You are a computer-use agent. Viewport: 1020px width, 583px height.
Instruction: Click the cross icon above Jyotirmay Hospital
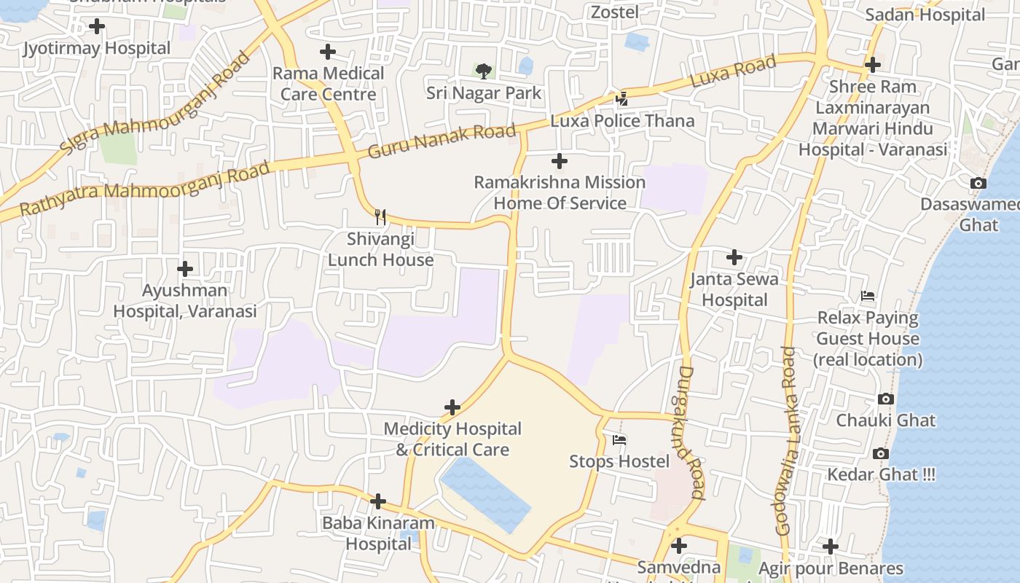tap(96, 27)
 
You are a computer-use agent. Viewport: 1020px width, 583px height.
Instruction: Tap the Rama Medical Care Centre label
tap(328, 83)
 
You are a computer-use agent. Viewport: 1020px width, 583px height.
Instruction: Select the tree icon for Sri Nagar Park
tap(483, 71)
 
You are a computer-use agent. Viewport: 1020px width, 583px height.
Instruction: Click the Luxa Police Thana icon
tap(621, 98)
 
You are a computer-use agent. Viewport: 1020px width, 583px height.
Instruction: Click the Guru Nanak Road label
tap(442, 141)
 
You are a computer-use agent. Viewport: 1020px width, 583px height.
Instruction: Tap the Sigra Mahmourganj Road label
tap(154, 103)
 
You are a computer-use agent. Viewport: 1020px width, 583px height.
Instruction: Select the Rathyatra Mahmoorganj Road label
tap(144, 188)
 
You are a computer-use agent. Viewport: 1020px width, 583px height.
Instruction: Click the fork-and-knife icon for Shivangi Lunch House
tap(380, 216)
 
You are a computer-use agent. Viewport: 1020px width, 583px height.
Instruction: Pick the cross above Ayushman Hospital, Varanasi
tap(185, 269)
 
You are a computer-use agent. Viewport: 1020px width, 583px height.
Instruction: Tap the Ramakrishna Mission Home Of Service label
tap(560, 192)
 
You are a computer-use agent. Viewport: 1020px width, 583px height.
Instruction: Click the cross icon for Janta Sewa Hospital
tap(734, 257)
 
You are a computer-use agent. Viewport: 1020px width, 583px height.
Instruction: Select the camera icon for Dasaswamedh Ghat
tap(978, 183)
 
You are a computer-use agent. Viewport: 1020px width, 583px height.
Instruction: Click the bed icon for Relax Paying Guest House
tap(867, 296)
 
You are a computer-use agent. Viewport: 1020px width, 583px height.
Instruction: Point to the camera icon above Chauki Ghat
tap(886, 399)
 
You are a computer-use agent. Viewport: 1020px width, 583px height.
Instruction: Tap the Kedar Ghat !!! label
tap(881, 474)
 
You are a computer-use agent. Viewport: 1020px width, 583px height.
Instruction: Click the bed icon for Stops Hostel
tap(619, 439)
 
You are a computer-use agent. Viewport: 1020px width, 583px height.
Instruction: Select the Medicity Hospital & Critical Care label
tap(452, 439)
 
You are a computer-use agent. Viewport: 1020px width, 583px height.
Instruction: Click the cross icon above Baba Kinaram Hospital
tap(377, 501)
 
